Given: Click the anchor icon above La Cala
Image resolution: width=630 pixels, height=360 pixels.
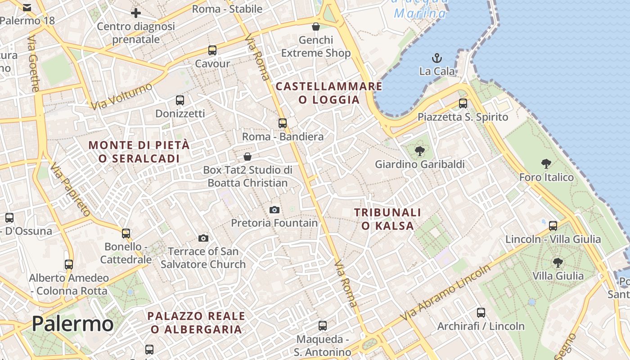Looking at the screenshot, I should (436, 58).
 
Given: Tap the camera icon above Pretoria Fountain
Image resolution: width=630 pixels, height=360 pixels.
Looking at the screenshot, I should (274, 210).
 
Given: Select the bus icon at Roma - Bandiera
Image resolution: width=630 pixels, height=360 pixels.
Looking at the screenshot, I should (282, 123).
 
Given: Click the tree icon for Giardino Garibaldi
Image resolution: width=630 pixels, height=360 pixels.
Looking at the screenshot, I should (420, 151).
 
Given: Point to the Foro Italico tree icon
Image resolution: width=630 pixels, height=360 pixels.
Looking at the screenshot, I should (546, 164).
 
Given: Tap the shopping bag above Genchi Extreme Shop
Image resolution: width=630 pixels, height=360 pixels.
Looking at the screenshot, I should (316, 27).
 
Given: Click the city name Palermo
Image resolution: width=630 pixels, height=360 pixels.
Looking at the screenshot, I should (72, 324).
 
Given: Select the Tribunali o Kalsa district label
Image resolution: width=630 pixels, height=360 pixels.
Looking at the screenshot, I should (387, 219).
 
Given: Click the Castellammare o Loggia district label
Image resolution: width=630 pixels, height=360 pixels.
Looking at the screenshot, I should (329, 93).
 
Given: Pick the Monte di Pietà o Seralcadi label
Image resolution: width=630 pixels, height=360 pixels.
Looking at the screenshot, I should (139, 152).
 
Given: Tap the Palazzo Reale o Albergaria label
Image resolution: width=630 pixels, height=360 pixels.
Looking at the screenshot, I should (196, 322).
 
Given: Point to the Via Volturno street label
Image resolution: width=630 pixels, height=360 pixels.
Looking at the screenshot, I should (121, 96).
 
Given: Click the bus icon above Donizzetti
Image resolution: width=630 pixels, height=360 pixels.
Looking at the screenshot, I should (180, 100).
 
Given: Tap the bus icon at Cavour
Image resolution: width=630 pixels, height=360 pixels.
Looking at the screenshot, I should (212, 50).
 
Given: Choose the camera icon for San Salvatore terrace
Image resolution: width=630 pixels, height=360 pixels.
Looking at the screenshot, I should (203, 238).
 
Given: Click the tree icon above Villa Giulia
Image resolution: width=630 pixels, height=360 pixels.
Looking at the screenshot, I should (558, 262).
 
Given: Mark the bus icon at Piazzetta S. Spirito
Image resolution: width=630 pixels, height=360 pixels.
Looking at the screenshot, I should (463, 103).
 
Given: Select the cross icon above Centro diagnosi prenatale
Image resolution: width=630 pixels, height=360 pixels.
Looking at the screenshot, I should (135, 13).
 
